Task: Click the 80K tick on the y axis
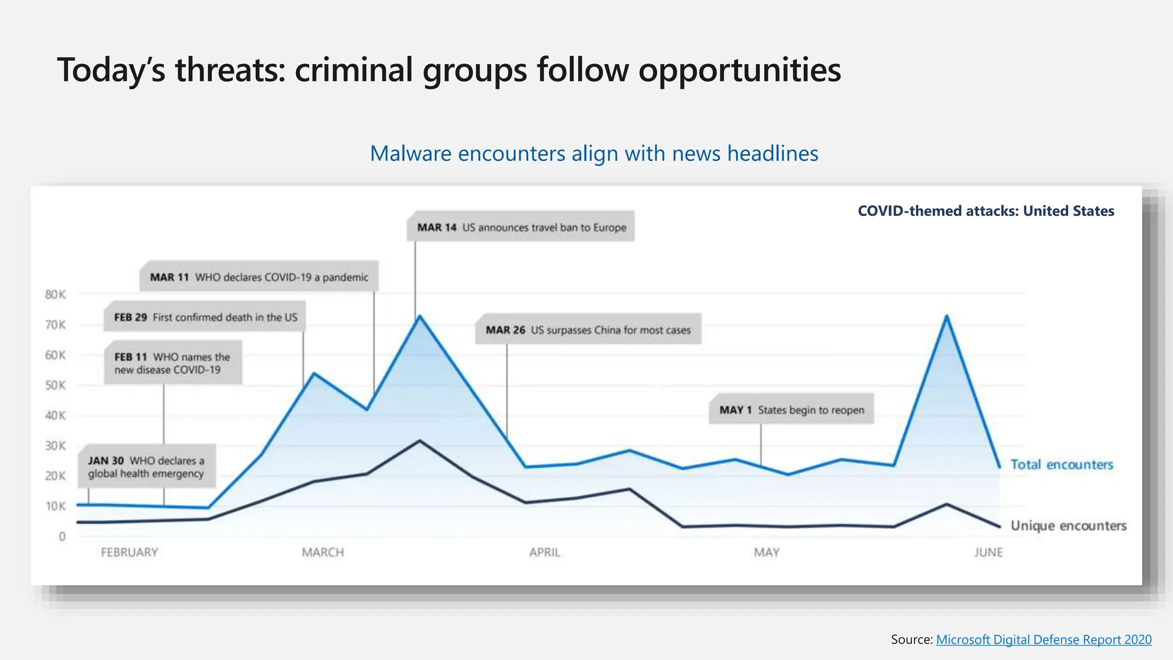pyautogui.click(x=56, y=294)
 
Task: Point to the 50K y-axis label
pyautogui.click(x=56, y=385)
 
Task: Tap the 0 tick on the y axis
pyautogui.click(x=62, y=536)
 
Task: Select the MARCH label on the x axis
pyautogui.click(x=323, y=552)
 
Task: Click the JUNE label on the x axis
pyautogui.click(x=989, y=552)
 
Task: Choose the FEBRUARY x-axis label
pyautogui.click(x=129, y=552)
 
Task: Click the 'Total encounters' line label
pyautogui.click(x=1062, y=465)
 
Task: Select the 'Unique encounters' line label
pyautogui.click(x=1068, y=525)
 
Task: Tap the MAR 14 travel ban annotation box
pyautogui.click(x=521, y=227)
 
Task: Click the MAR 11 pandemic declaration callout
pyautogui.click(x=259, y=277)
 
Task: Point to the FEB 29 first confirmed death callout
pyautogui.click(x=205, y=317)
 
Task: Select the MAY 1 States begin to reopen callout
pyautogui.click(x=792, y=410)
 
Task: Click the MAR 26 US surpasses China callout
pyautogui.click(x=588, y=330)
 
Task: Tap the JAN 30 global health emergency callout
pyautogui.click(x=147, y=466)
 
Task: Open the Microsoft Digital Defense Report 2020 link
pyautogui.click(x=1044, y=639)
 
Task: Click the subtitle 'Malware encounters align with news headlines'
pyautogui.click(x=594, y=154)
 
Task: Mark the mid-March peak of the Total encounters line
pyautogui.click(x=420, y=316)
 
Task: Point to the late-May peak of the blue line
pyautogui.click(x=946, y=316)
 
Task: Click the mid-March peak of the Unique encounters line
pyautogui.click(x=420, y=441)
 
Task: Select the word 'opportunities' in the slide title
pyautogui.click(x=739, y=70)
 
